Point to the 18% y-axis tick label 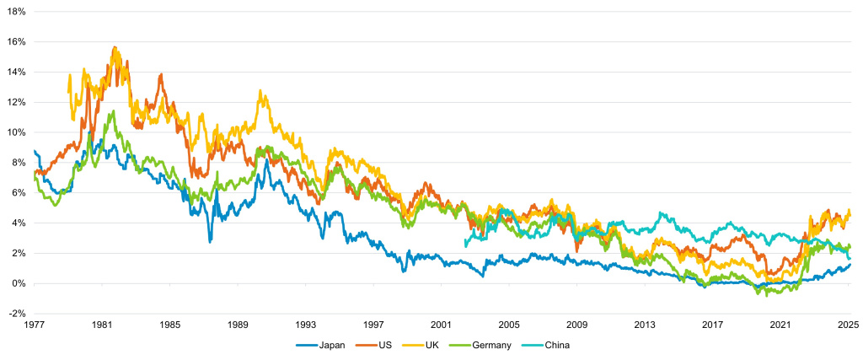[x=17, y=12]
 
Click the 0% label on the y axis [x=19, y=283]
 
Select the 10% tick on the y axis [x=17, y=132]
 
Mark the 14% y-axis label [x=17, y=72]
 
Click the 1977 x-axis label [x=35, y=325]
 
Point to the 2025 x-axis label [x=849, y=325]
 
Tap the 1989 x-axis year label [x=239, y=325]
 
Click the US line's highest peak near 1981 [x=115, y=47]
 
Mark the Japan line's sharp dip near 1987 [x=210, y=242]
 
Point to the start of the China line [x=465, y=245]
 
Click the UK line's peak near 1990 [x=261, y=91]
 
